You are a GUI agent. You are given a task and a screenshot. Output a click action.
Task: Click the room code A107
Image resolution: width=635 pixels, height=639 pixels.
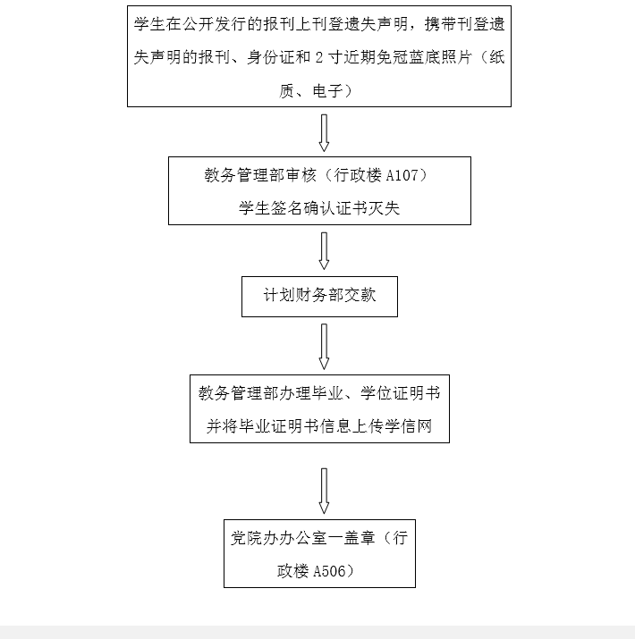402,176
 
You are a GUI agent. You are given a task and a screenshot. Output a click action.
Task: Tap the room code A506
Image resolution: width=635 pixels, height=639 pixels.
329,571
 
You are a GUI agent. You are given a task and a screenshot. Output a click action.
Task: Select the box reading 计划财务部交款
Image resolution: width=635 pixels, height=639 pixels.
320,297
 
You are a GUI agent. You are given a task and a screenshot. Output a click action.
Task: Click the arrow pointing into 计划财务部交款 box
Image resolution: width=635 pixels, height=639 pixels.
324,251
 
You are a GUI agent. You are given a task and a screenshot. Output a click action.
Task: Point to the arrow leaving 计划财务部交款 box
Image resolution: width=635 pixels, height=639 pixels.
324,347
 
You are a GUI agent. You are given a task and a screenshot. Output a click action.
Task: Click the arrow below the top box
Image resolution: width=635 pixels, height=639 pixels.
324,133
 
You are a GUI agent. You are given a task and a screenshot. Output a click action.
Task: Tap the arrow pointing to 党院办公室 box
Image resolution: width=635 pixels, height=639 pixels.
324,491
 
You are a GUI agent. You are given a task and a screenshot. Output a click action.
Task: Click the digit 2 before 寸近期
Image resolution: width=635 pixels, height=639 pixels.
319,57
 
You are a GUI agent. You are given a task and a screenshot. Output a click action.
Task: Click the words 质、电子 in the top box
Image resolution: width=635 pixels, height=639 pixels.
310,91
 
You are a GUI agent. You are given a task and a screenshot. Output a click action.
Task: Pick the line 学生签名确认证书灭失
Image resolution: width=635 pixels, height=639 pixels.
319,208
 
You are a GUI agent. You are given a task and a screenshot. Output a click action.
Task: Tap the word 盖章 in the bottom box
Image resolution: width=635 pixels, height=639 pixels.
360,538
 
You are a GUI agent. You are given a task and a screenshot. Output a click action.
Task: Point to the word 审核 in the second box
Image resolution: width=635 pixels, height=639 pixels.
301,175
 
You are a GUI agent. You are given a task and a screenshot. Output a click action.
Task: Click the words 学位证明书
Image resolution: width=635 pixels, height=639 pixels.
400,393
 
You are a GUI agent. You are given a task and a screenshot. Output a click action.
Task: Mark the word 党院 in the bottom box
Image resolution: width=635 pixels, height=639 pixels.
247,538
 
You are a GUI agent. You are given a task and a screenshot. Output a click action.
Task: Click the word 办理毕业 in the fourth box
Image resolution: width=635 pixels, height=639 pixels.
311,393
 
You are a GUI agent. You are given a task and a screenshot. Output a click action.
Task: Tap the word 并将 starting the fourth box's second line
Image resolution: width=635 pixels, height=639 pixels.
223,426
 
